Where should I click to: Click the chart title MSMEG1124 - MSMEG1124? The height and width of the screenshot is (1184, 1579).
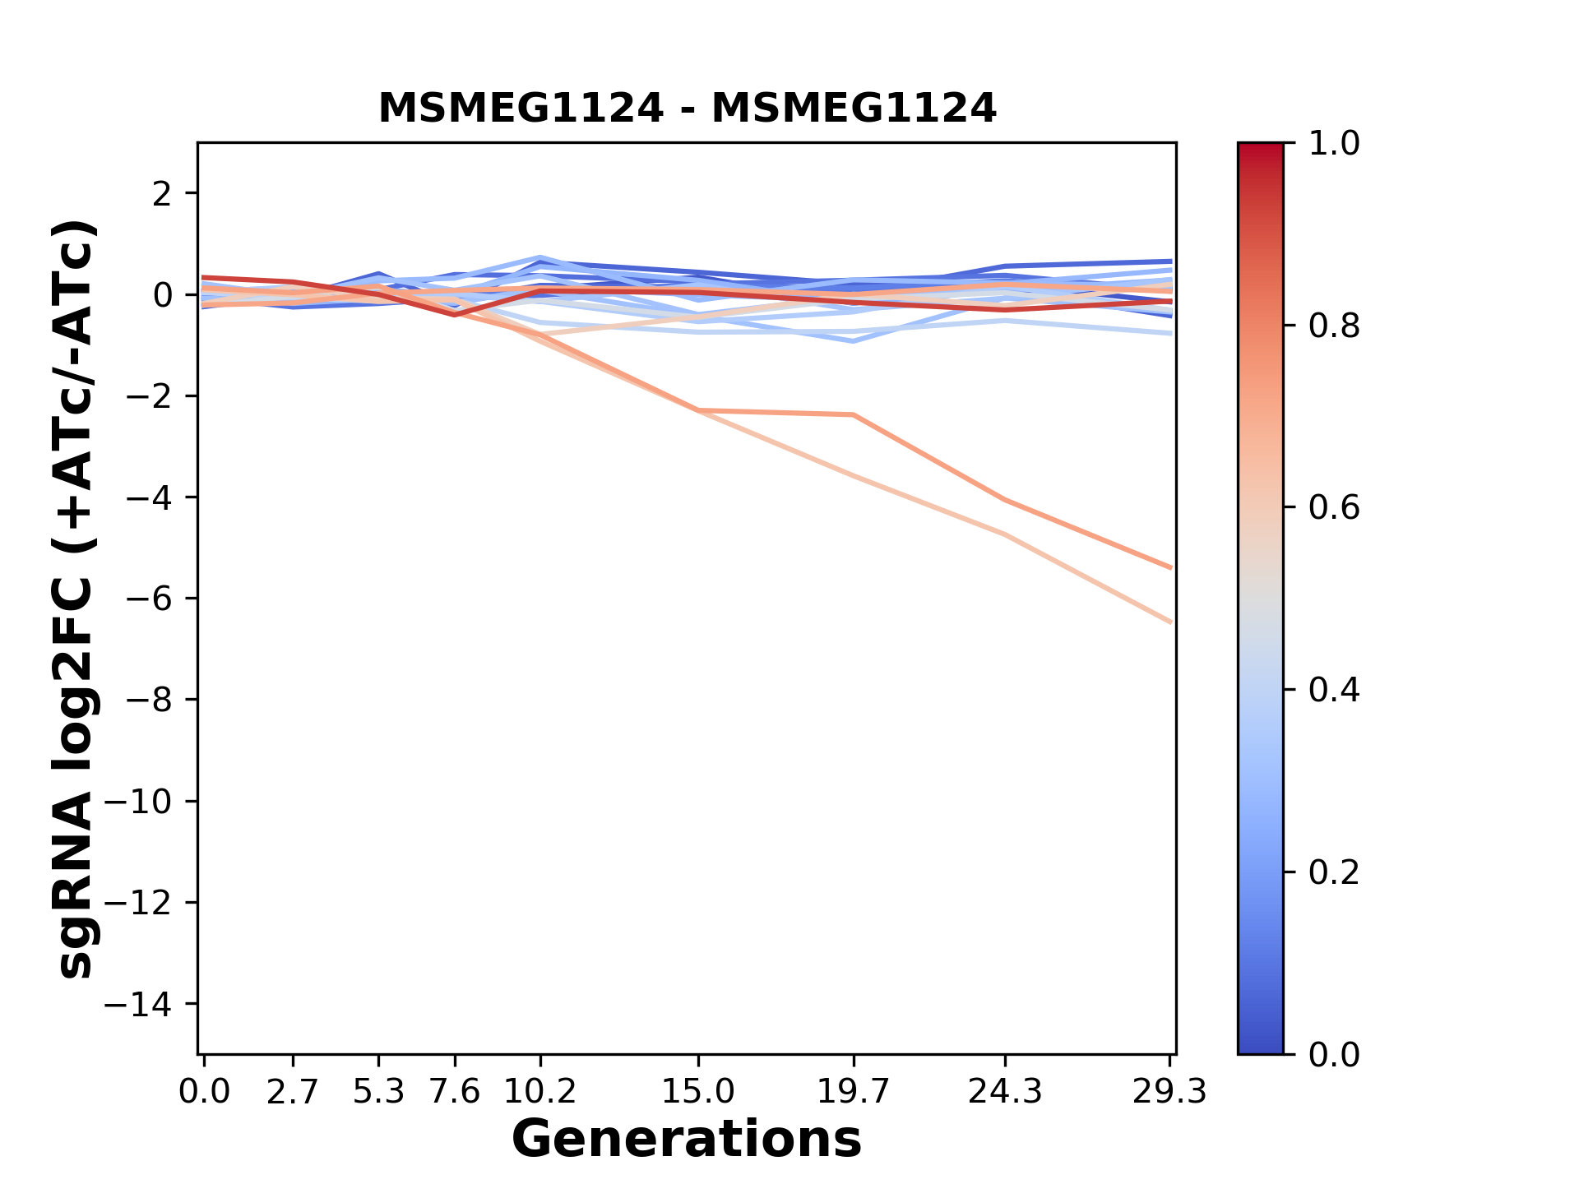pos(687,109)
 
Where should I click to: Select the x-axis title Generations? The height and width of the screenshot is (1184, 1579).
pos(687,1140)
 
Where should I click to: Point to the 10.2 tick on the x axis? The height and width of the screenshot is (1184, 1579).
pos(539,1092)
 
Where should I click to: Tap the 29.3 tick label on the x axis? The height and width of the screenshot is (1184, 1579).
pos(1169,1092)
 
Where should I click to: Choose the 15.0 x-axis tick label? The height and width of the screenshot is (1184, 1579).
pos(698,1092)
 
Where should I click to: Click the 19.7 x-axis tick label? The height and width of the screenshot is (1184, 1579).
pos(854,1092)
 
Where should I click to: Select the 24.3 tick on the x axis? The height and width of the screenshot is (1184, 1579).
pos(1005,1092)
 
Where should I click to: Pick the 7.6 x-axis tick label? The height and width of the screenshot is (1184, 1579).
pos(455,1092)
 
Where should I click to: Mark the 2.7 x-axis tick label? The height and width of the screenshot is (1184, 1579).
pos(293,1092)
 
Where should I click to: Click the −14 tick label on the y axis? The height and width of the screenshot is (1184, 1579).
pos(138,1004)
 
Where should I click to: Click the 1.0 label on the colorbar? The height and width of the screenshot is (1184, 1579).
pos(1334,144)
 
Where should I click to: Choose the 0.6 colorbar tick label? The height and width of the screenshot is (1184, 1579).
pos(1334,508)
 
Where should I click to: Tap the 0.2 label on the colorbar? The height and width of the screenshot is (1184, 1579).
pos(1334,872)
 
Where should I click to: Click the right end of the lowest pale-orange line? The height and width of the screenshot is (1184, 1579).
pos(1170,622)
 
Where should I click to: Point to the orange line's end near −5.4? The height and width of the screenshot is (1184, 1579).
pos(1170,567)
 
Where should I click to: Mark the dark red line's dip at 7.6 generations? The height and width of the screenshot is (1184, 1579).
pos(455,314)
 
